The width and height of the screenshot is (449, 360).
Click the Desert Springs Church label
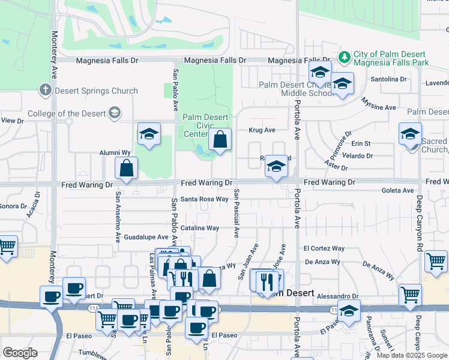tap(95, 91)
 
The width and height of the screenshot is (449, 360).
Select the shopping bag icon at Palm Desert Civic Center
tap(220, 140)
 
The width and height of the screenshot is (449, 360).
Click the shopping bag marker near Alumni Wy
tap(126, 170)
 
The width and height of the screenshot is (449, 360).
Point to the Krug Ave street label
tap(262, 130)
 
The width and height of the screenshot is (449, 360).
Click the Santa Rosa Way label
tap(205, 199)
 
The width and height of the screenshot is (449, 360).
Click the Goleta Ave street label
tap(397, 190)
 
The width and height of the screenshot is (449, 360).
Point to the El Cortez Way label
tap(324, 248)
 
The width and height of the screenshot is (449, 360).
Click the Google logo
tap(20, 353)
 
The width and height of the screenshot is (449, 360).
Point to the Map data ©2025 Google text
tap(411, 355)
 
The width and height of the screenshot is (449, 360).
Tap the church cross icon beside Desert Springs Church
tap(45, 91)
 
